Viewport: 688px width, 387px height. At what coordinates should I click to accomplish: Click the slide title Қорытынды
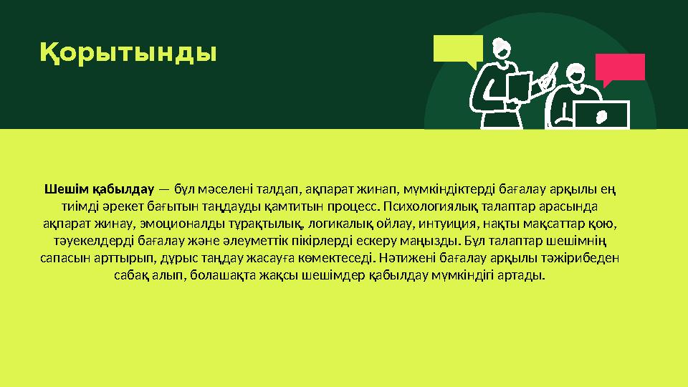[x=128, y=52]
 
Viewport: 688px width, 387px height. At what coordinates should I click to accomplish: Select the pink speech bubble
[x=621, y=67]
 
